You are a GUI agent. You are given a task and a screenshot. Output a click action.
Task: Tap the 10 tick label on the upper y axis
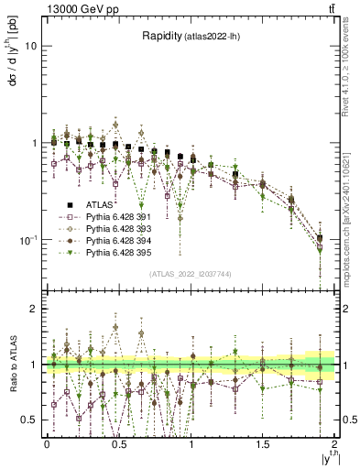(x=31, y=46)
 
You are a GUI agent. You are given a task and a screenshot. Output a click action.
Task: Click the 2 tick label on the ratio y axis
(x=35, y=310)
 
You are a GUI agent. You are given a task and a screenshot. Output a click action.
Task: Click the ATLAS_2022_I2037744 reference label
(x=191, y=274)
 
